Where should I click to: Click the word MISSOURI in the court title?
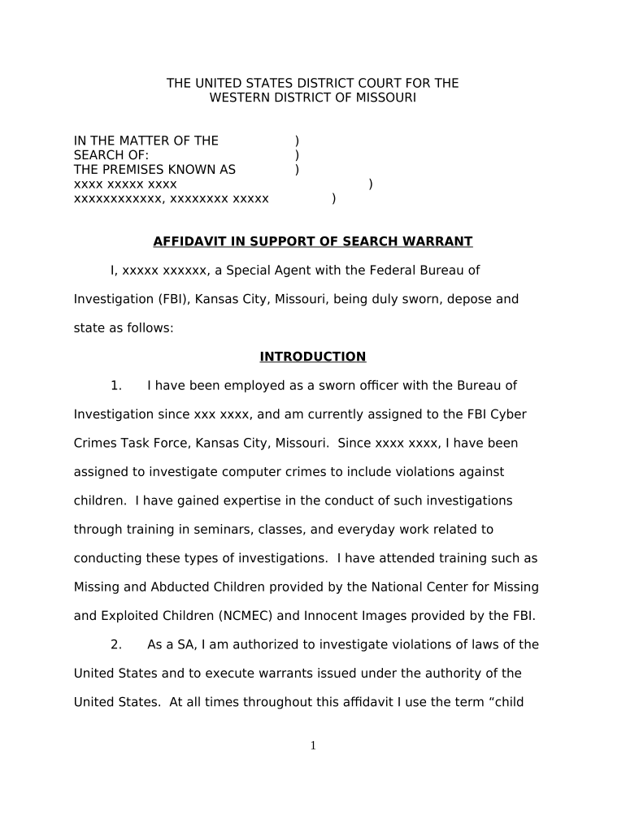pyautogui.click(x=385, y=97)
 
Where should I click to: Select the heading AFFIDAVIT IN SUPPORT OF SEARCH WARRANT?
pyautogui.click(x=313, y=241)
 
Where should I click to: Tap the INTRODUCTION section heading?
pyautogui.click(x=313, y=357)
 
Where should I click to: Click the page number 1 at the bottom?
pyautogui.click(x=313, y=747)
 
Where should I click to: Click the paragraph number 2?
pyautogui.click(x=116, y=645)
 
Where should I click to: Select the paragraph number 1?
pyautogui.click(x=116, y=386)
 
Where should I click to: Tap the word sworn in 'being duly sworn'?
pyautogui.click(x=426, y=299)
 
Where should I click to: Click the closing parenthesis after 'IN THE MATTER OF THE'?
pyautogui.click(x=297, y=141)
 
